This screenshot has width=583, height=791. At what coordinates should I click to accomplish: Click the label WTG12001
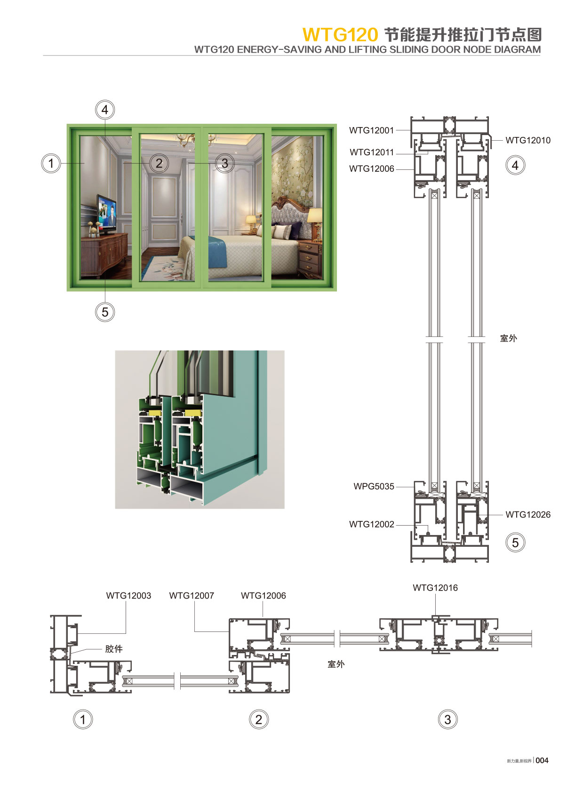371,130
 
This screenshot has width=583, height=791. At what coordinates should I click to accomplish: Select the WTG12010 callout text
527,140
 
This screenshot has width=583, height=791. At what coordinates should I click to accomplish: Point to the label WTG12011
371,152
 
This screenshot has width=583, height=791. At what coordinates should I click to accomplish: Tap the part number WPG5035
374,486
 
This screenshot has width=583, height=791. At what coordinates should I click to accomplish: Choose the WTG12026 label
527,514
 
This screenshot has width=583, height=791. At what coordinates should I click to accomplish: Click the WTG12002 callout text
371,524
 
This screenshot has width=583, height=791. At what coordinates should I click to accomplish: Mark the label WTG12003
128,595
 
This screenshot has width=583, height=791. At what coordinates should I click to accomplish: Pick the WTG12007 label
192,595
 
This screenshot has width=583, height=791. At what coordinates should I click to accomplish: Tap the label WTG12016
435,587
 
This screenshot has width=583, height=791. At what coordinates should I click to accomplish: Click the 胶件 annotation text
114,649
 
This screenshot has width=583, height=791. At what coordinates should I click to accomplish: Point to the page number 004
542,760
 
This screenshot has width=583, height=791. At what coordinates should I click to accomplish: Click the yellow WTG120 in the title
340,35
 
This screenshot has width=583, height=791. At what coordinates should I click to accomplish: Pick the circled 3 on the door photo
224,163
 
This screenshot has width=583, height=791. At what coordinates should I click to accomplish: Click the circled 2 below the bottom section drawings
258,719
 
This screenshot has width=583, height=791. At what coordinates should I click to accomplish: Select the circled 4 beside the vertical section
515,165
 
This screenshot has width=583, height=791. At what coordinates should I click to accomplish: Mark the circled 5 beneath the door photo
104,312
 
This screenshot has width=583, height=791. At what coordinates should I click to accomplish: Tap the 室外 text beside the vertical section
508,338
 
